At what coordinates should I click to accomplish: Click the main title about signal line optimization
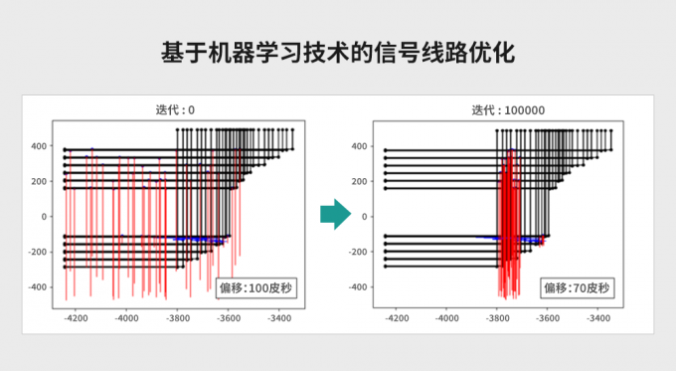pos(337,52)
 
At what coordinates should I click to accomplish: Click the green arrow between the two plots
pos(337,213)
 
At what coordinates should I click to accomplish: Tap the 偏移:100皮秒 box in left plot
pos(257,288)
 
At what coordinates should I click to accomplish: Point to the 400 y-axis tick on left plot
pos(39,146)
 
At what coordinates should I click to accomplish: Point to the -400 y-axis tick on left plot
pos(37,287)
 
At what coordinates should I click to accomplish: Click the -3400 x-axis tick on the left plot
pos(279,319)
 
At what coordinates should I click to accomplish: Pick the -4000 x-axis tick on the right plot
pos(446,319)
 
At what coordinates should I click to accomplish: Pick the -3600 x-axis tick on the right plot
pos(548,319)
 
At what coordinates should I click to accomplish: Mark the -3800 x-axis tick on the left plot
pos(177,319)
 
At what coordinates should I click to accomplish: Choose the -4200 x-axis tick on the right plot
pos(395,319)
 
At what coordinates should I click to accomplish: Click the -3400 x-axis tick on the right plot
pos(599,319)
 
